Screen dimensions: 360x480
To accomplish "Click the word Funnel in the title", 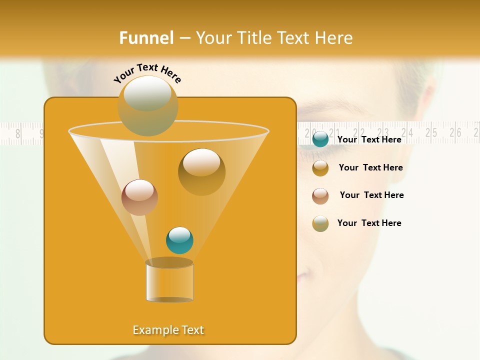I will coord(146,38).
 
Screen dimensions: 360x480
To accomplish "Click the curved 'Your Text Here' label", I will coord(147,73).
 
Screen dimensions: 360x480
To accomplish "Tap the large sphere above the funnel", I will coord(147,105).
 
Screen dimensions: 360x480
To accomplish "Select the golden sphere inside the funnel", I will coord(201,171).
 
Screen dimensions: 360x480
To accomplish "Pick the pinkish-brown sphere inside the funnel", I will coord(139,197).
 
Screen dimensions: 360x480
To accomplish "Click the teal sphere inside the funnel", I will coord(179,240).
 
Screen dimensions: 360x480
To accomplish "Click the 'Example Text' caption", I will coord(168,330).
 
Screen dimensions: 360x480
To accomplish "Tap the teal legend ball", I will coord(320,139).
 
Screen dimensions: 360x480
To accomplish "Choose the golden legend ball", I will coord(320,168).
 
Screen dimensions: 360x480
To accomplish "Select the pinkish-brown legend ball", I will coord(320,196).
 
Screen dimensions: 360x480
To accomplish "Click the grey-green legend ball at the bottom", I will coord(320,223).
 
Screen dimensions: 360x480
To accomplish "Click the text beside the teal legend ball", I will coord(369,139).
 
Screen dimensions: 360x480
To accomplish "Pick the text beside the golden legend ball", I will coord(370,167).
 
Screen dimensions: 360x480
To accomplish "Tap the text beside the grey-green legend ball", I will coord(369,223).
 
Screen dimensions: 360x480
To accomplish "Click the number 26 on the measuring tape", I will coord(455,132).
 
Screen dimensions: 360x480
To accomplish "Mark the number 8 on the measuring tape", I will coord(18,134).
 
